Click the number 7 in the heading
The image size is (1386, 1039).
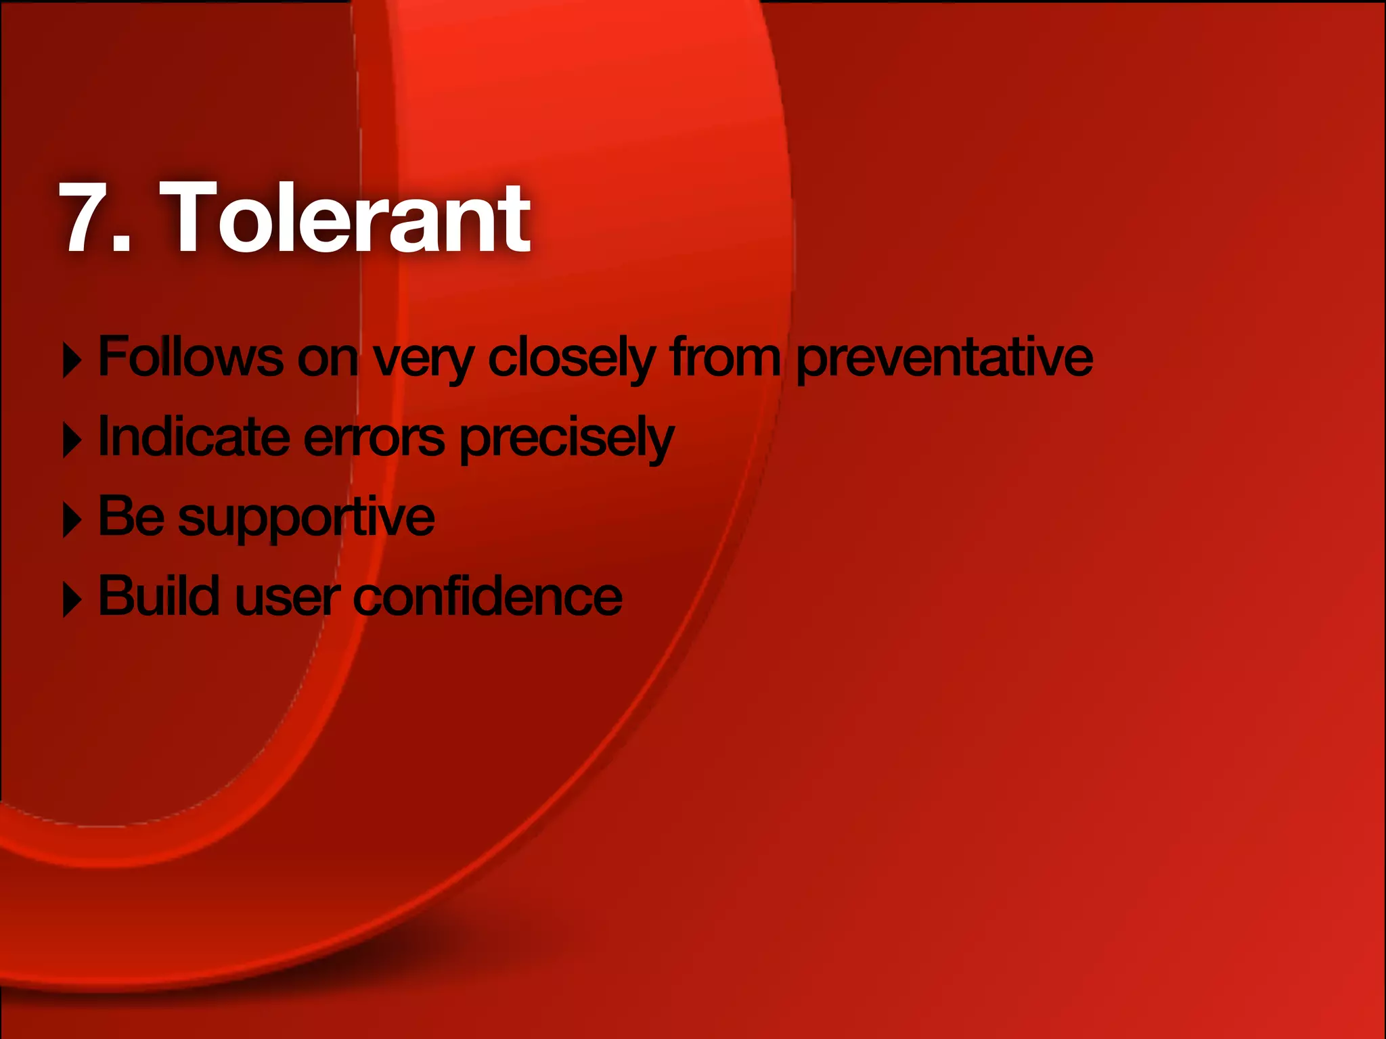[x=87, y=218]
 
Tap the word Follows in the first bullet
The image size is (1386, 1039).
[x=190, y=356]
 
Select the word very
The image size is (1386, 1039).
[x=423, y=359]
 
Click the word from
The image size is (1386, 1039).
[x=725, y=356]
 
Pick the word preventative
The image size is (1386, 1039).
[x=944, y=359]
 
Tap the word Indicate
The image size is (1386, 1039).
[x=194, y=437]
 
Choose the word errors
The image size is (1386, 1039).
[x=374, y=438]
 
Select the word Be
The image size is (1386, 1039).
[x=131, y=516]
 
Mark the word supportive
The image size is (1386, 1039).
[x=307, y=519]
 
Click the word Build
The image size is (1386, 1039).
[x=159, y=596]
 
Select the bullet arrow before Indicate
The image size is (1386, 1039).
[x=72, y=440]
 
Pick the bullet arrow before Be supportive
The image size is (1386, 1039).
[x=72, y=520]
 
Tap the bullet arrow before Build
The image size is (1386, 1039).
[x=72, y=600]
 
